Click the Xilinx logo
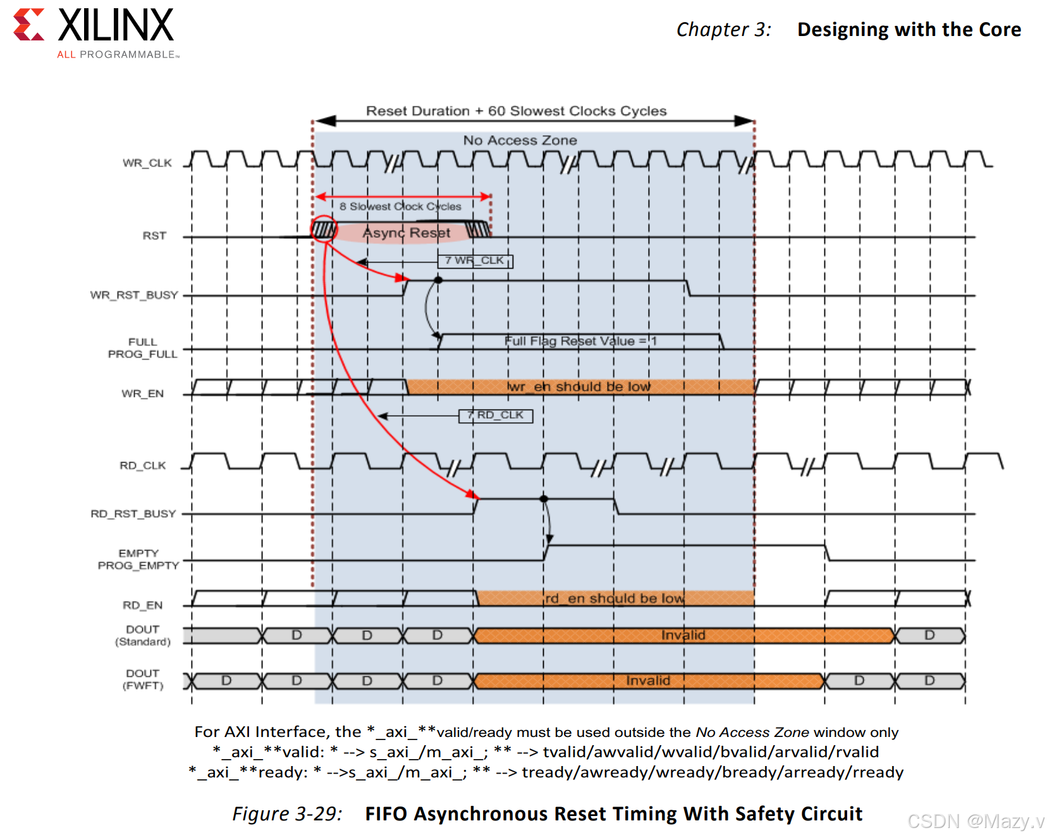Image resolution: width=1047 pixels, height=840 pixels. coord(95,32)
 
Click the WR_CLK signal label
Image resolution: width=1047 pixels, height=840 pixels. coord(147,163)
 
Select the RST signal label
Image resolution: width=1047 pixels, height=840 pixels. coord(154,236)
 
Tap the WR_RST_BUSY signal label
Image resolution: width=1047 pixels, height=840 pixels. coord(134,295)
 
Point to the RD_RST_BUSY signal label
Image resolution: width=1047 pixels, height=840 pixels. coord(133,514)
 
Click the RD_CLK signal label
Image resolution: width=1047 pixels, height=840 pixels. coord(143,466)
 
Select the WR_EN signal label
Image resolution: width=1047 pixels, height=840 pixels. coord(143,394)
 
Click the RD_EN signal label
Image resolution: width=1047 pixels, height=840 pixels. coord(143,606)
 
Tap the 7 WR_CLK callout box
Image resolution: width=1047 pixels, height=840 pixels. coord(475,260)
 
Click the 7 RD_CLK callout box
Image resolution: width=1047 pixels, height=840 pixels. coord(496,415)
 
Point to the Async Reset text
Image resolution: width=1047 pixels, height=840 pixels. coord(406,233)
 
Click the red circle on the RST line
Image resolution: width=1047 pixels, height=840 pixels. coord(324,229)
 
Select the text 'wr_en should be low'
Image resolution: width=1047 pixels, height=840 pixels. coord(579,387)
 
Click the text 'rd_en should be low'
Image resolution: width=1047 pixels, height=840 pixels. coord(615,599)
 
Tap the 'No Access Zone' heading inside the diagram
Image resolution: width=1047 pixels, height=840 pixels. coord(520,140)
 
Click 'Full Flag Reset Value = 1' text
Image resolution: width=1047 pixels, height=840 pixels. coord(580,341)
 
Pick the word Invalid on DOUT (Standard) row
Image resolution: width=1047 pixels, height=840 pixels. coord(683,635)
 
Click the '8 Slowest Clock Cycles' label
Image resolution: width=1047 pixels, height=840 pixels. coord(400,207)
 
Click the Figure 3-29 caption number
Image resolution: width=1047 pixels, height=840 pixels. coord(287,813)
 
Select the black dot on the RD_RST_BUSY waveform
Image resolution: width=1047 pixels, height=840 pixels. coord(544,499)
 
